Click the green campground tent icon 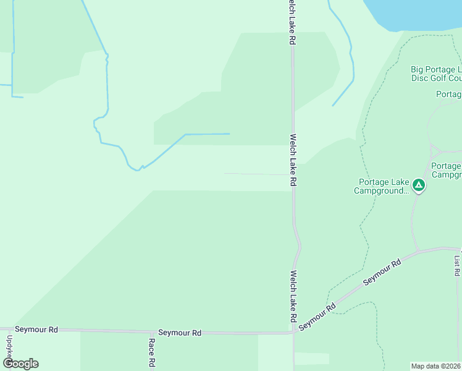tap(419, 185)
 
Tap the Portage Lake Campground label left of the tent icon tap(382, 186)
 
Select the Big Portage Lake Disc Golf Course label tap(436, 74)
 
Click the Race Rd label tap(151, 352)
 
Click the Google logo tap(20, 364)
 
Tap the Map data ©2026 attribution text tap(436, 366)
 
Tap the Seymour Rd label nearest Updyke tap(36, 330)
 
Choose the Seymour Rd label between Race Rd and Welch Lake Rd tap(180, 333)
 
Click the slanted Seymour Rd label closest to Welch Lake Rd tap(316, 316)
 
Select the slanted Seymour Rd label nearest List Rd tap(382, 272)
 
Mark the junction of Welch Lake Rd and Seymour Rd tap(293, 333)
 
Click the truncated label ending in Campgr tap(446, 170)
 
